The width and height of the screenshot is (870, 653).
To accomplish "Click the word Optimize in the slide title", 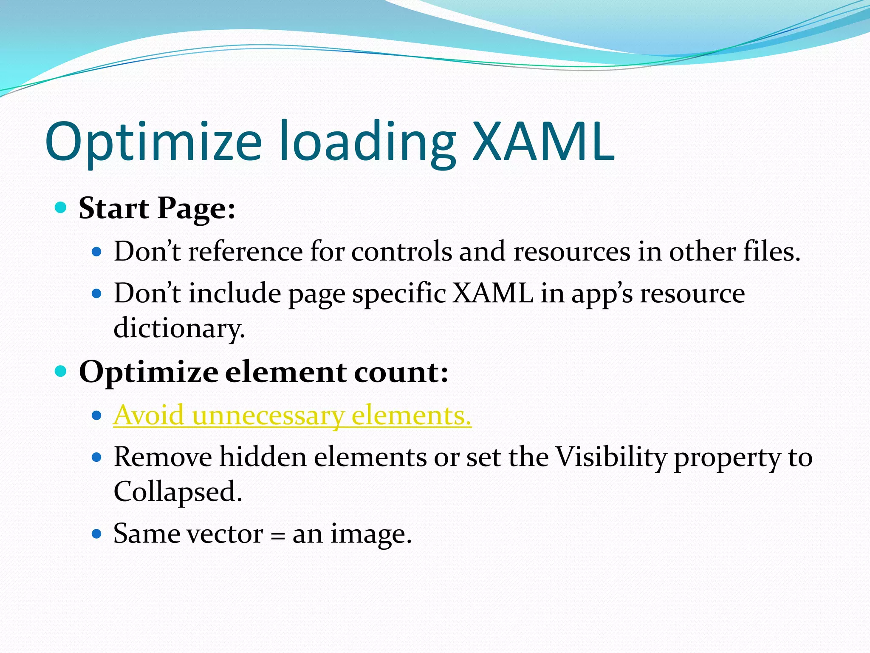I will pyautogui.click(x=153, y=142).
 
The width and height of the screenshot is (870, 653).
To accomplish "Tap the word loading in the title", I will pyautogui.click(x=367, y=142).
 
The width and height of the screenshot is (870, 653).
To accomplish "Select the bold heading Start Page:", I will pyautogui.click(x=157, y=208).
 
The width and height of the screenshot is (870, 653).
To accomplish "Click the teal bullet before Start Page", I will pyautogui.click(x=61, y=208).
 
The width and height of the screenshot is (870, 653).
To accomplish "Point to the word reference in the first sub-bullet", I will pyautogui.click(x=246, y=251).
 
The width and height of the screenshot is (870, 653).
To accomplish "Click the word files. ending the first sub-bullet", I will pyautogui.click(x=771, y=251).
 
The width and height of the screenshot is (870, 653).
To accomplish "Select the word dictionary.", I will pyautogui.click(x=179, y=328).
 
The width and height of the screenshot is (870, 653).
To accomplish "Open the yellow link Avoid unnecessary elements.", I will pyautogui.click(x=292, y=415).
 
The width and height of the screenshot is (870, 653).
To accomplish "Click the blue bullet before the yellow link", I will pyautogui.click(x=97, y=415).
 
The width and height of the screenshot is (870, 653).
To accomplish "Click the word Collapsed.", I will pyautogui.click(x=178, y=491).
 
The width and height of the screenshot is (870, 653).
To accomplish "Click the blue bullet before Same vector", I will pyautogui.click(x=97, y=534).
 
